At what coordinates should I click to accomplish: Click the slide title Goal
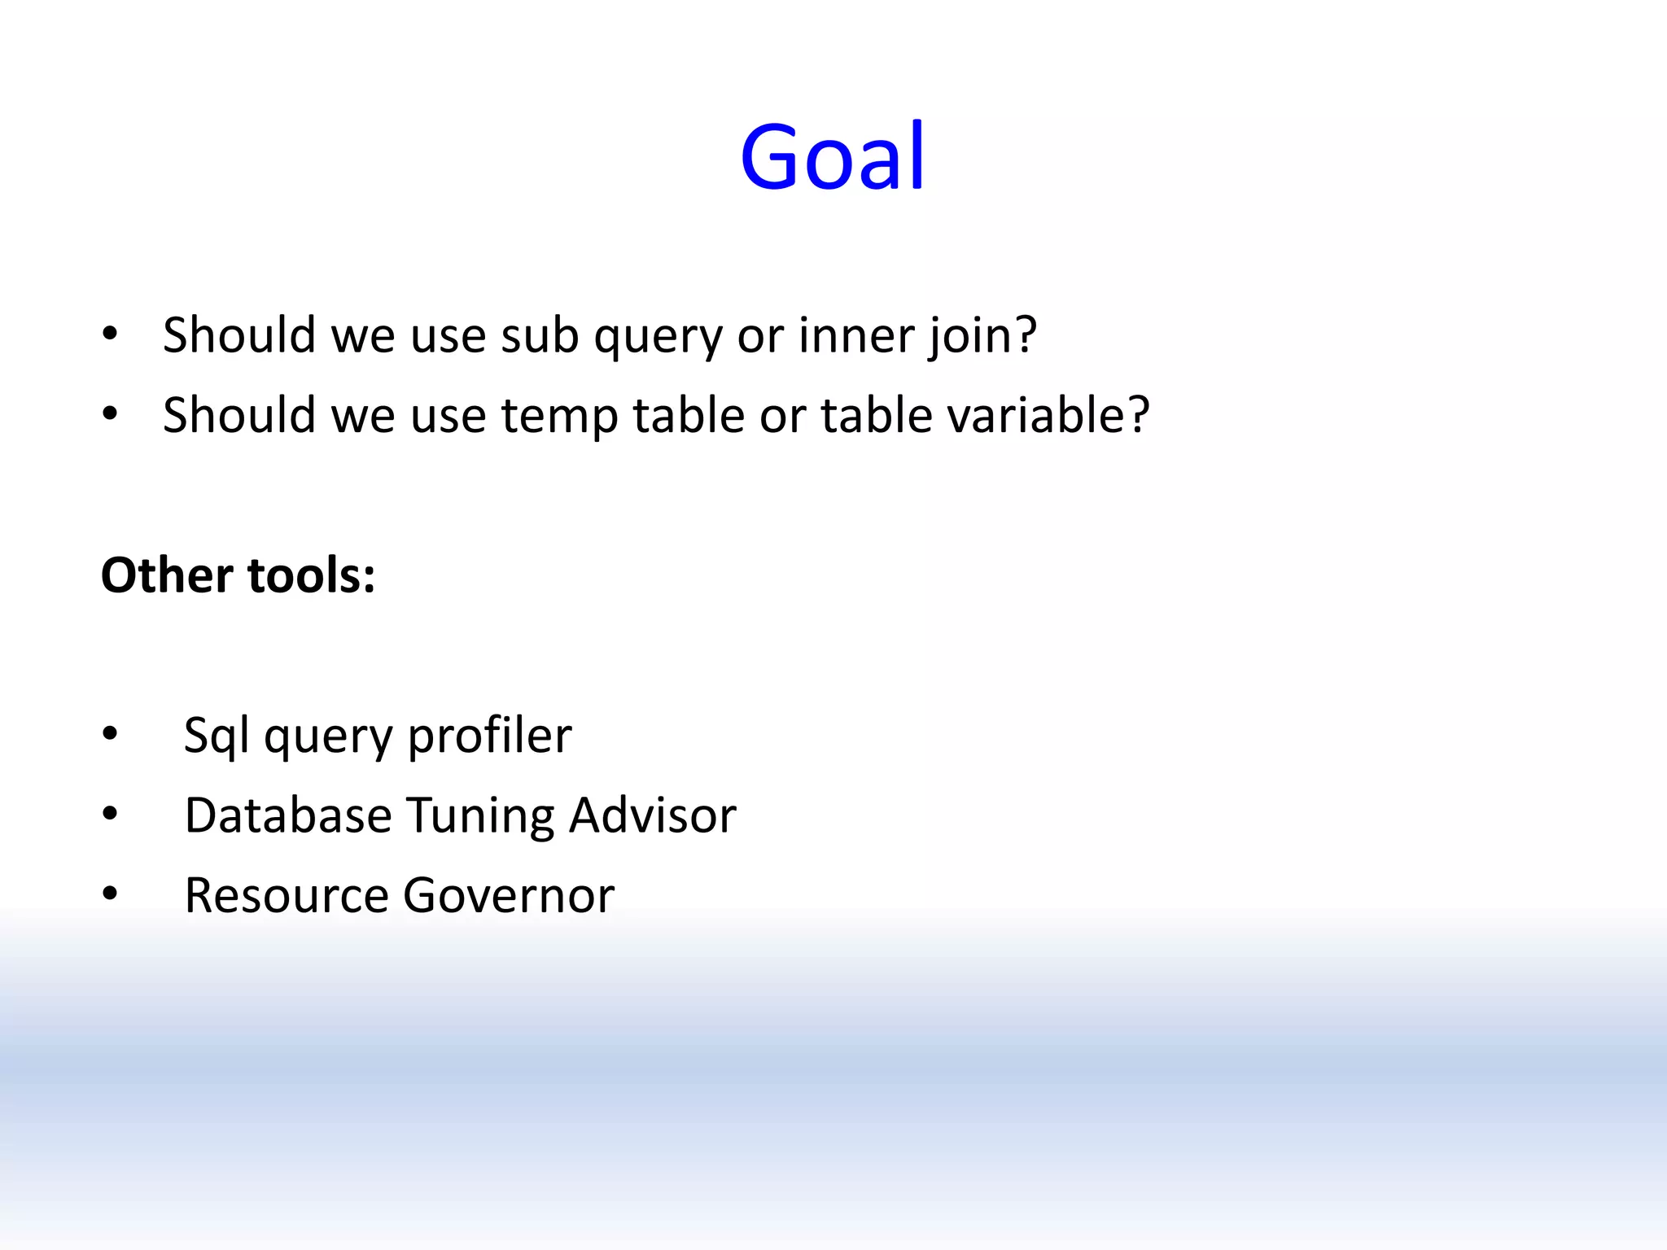(832, 157)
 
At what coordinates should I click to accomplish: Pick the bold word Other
(167, 575)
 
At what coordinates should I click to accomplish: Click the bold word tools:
(311, 575)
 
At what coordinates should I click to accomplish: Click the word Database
(288, 815)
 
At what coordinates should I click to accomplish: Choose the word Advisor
(652, 815)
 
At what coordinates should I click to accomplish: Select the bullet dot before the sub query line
(110, 334)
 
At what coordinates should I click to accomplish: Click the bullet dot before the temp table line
(110, 414)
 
